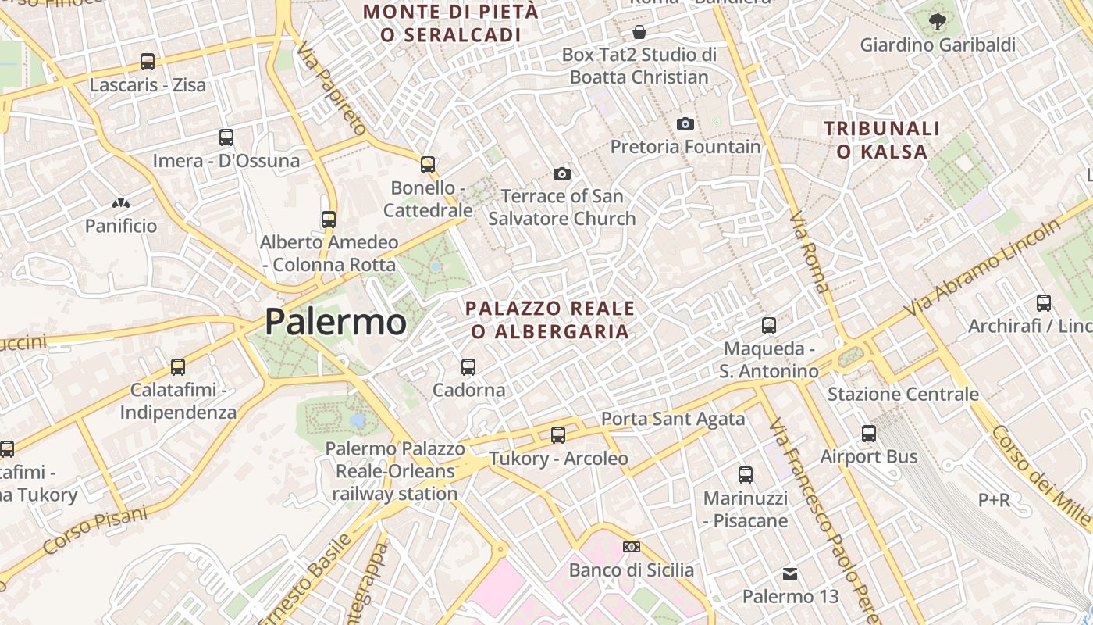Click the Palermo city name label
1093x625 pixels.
click(336, 322)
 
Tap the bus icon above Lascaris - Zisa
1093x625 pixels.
click(148, 61)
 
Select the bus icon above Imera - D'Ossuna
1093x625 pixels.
click(226, 137)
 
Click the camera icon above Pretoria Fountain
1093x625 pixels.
click(685, 123)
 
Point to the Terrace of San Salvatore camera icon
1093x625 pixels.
click(561, 173)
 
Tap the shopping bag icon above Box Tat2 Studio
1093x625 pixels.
click(639, 32)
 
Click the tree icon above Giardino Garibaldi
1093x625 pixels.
click(938, 22)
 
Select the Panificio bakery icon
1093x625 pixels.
click(121, 203)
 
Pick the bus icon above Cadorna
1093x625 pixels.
click(468, 366)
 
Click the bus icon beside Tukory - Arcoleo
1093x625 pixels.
click(558, 435)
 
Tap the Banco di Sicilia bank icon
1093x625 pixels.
click(632, 547)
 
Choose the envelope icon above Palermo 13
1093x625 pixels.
click(790, 574)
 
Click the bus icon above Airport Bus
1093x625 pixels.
click(869, 433)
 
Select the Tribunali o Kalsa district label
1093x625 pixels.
click(881, 140)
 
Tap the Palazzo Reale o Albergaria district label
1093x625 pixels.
click(550, 320)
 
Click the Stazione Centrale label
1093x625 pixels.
click(903, 394)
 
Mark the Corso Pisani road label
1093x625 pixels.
click(95, 531)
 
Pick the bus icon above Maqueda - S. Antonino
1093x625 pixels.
click(769, 325)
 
